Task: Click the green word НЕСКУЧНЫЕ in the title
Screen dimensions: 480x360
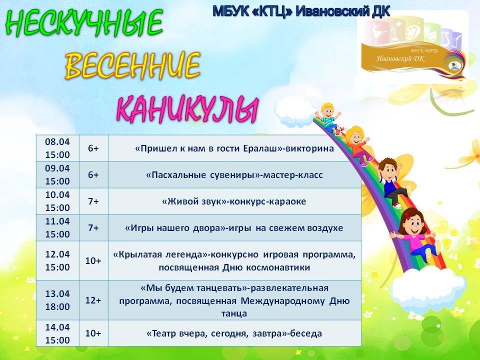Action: pos(84,23)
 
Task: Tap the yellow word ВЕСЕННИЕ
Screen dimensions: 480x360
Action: pos(132,65)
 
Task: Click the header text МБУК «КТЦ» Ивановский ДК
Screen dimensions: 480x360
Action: pos(301,11)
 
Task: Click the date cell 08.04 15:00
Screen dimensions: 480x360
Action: pos(57,148)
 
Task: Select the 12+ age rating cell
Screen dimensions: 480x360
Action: pos(93,300)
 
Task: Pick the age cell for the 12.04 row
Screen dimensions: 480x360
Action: pos(93,260)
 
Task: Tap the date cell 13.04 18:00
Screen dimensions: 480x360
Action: pos(57,300)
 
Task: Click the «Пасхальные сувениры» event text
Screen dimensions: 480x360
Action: pos(234,175)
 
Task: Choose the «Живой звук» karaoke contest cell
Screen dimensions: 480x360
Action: pos(234,201)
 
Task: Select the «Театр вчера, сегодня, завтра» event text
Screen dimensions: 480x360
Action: pos(234,333)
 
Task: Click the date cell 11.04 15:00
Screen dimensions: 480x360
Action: pos(57,228)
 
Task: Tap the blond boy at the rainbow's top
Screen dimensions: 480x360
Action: pos(329,118)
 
